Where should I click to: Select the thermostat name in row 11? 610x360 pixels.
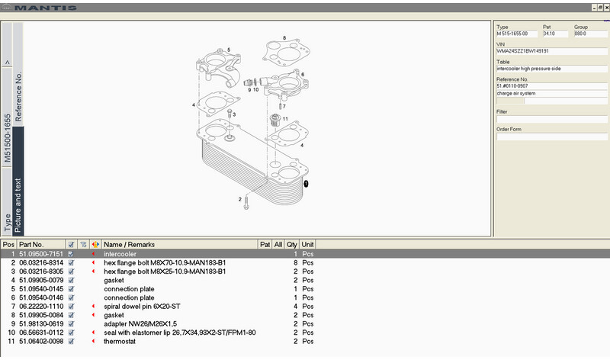point(120,340)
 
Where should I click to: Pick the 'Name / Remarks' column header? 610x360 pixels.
point(129,245)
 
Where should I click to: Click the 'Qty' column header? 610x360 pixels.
point(292,245)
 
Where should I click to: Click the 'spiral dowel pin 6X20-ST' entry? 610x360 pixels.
point(143,305)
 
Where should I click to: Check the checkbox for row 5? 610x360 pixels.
point(71,288)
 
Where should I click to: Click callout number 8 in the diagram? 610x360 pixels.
point(284,37)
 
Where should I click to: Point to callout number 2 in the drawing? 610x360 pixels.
point(239,200)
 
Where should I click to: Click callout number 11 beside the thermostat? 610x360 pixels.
point(285,120)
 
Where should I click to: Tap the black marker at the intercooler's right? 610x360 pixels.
point(306,184)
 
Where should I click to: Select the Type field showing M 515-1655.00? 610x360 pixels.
point(516,34)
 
